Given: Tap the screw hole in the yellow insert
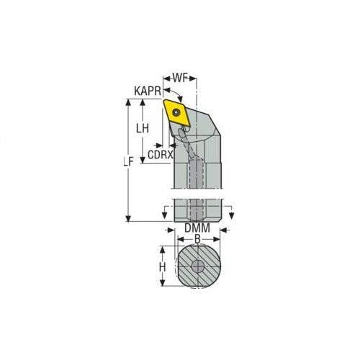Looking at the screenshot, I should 177,113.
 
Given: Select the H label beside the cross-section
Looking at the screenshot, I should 163,266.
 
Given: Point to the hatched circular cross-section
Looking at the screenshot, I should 197,266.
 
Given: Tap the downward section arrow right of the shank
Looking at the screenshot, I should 230,213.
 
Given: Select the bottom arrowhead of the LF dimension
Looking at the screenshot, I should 129,219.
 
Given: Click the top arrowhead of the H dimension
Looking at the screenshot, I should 163,248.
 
